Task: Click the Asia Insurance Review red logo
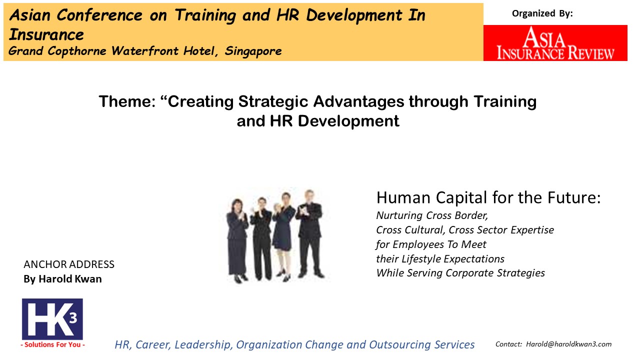pyautogui.click(x=555, y=43)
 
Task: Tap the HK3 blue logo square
pyautogui.click(x=52, y=319)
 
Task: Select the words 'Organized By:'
pyautogui.click(x=542, y=13)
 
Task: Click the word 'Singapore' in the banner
pyautogui.click(x=253, y=51)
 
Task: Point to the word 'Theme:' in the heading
pyautogui.click(x=127, y=101)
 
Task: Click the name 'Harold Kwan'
pyautogui.click(x=70, y=278)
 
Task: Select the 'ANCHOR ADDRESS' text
pyautogui.click(x=69, y=264)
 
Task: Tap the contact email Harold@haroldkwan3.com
pyautogui.click(x=568, y=344)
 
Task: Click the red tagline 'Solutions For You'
pyautogui.click(x=52, y=344)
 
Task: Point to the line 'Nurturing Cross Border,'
pyautogui.click(x=432, y=215)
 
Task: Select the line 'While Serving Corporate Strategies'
pyautogui.click(x=460, y=273)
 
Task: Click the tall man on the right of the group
pyautogui.click(x=310, y=233)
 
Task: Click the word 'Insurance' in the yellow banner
pyautogui.click(x=46, y=35)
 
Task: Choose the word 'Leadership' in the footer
pyautogui.click(x=201, y=344)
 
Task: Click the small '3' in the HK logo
pyautogui.click(x=73, y=318)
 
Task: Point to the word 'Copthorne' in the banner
pyautogui.click(x=77, y=51)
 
